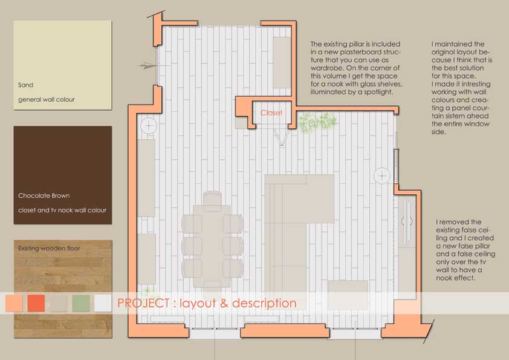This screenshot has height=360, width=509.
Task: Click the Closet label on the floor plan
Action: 271,113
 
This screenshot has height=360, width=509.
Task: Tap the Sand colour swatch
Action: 63,65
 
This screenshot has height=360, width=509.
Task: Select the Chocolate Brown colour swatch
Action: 63,175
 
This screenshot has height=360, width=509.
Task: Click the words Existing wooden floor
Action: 49,248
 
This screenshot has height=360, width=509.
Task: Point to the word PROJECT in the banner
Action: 143,303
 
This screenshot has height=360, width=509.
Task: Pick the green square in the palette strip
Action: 81,303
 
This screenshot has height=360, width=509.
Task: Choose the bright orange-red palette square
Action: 36,303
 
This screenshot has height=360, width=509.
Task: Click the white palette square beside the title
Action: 103,303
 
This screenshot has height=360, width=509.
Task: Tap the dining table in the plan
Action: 212,246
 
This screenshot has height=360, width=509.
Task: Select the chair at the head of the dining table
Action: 212,198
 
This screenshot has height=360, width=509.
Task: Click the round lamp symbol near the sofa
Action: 382,176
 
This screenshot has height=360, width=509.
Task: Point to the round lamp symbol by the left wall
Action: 149,125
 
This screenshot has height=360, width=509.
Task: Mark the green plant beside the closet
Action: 317,122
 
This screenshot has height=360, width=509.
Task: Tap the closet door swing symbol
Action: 282,138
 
